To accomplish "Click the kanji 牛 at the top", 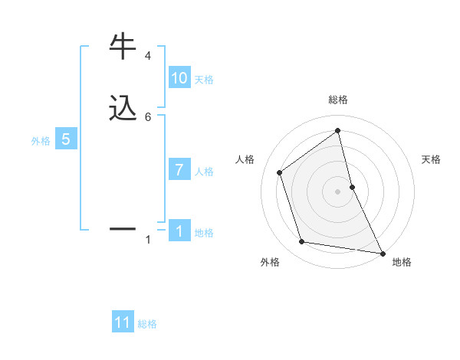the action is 124,46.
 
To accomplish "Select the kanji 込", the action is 124,108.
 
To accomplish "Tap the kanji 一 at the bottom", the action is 124,228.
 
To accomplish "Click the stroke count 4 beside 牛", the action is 148,56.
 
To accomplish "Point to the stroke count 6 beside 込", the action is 148,116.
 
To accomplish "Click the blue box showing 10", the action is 179,78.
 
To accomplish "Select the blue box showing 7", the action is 179,170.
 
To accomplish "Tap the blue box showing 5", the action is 66,139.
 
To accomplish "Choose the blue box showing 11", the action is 123,322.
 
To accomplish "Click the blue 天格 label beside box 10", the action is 204,80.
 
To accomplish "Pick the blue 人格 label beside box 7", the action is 204,172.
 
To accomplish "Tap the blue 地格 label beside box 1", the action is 204,233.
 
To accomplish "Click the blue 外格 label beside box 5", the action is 41,141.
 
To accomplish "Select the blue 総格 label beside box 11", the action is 147,324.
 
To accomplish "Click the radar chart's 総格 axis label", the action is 338,100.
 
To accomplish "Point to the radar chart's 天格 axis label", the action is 432,159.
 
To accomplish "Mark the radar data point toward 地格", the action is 382,252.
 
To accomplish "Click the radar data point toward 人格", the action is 280,172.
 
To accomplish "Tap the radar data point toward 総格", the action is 338,130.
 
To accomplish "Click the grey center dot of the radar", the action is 338,191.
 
